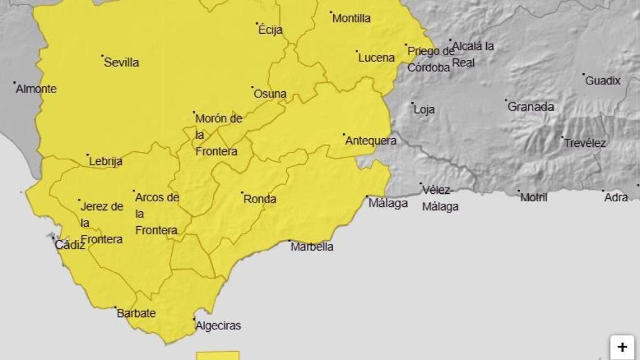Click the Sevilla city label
click(121, 62)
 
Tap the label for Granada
click(531, 107)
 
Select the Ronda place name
click(259, 199)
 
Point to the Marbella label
click(312, 247)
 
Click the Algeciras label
click(217, 326)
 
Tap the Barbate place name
click(136, 314)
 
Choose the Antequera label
click(371, 141)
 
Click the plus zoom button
click(622, 347)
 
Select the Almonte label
click(36, 89)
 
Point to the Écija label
click(270, 30)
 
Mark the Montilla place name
click(351, 19)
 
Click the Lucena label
click(376, 58)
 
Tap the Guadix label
click(602, 81)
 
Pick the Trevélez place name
click(585, 143)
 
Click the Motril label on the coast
click(534, 197)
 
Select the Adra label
click(616, 197)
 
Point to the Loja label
click(424, 110)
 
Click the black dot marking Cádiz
click(54, 237)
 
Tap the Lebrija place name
click(106, 161)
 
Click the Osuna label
click(270, 94)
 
